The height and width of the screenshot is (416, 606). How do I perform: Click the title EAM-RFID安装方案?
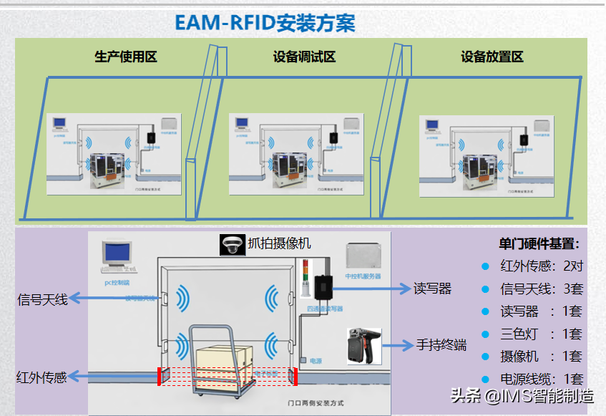pos(265,22)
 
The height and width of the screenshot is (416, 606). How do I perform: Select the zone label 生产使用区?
pos(126,57)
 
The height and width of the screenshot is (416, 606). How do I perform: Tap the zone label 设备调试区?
pos(304,57)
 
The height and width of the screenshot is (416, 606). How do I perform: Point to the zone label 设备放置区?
pos(492,57)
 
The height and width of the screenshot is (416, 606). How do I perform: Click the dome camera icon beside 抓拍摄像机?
pos(231,244)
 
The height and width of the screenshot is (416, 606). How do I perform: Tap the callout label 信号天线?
pos(42,299)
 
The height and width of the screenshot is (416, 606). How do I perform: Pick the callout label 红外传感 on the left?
pos(42,377)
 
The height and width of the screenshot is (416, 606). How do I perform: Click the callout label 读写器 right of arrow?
pos(433,289)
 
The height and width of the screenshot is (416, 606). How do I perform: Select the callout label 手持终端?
pos(441,345)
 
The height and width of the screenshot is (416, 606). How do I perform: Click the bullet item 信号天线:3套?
pos(541,289)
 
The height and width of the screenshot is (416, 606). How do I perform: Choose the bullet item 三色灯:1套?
pos(541,334)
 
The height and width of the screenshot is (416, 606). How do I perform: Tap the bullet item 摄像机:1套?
pos(541,356)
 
